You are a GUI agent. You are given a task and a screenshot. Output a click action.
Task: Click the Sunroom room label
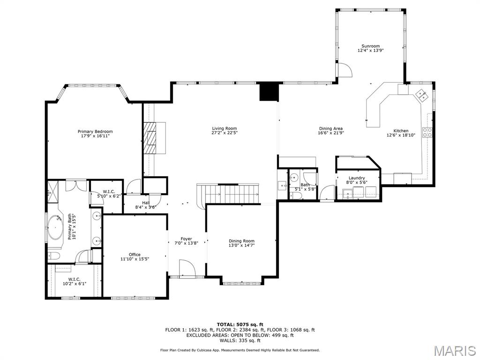(370, 46)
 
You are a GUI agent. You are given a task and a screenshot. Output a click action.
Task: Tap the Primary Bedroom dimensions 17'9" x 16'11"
(95, 136)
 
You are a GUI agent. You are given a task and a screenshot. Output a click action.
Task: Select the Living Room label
(225, 128)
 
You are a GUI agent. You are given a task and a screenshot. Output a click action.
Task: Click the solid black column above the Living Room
(269, 91)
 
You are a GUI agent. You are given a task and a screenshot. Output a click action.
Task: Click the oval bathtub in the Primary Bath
(56, 227)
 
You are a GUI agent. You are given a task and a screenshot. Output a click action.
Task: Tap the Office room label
(135, 255)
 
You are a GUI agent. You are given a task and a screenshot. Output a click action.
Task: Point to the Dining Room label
(241, 241)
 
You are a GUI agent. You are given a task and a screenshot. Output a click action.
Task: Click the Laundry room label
(357, 178)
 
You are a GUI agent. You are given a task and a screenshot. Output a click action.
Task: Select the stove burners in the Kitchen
(427, 132)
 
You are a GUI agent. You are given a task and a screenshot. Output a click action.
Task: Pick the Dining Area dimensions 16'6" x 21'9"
(331, 133)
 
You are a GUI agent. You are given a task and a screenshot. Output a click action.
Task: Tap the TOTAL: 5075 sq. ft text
(240, 324)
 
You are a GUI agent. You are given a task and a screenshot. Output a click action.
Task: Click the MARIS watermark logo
(454, 350)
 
